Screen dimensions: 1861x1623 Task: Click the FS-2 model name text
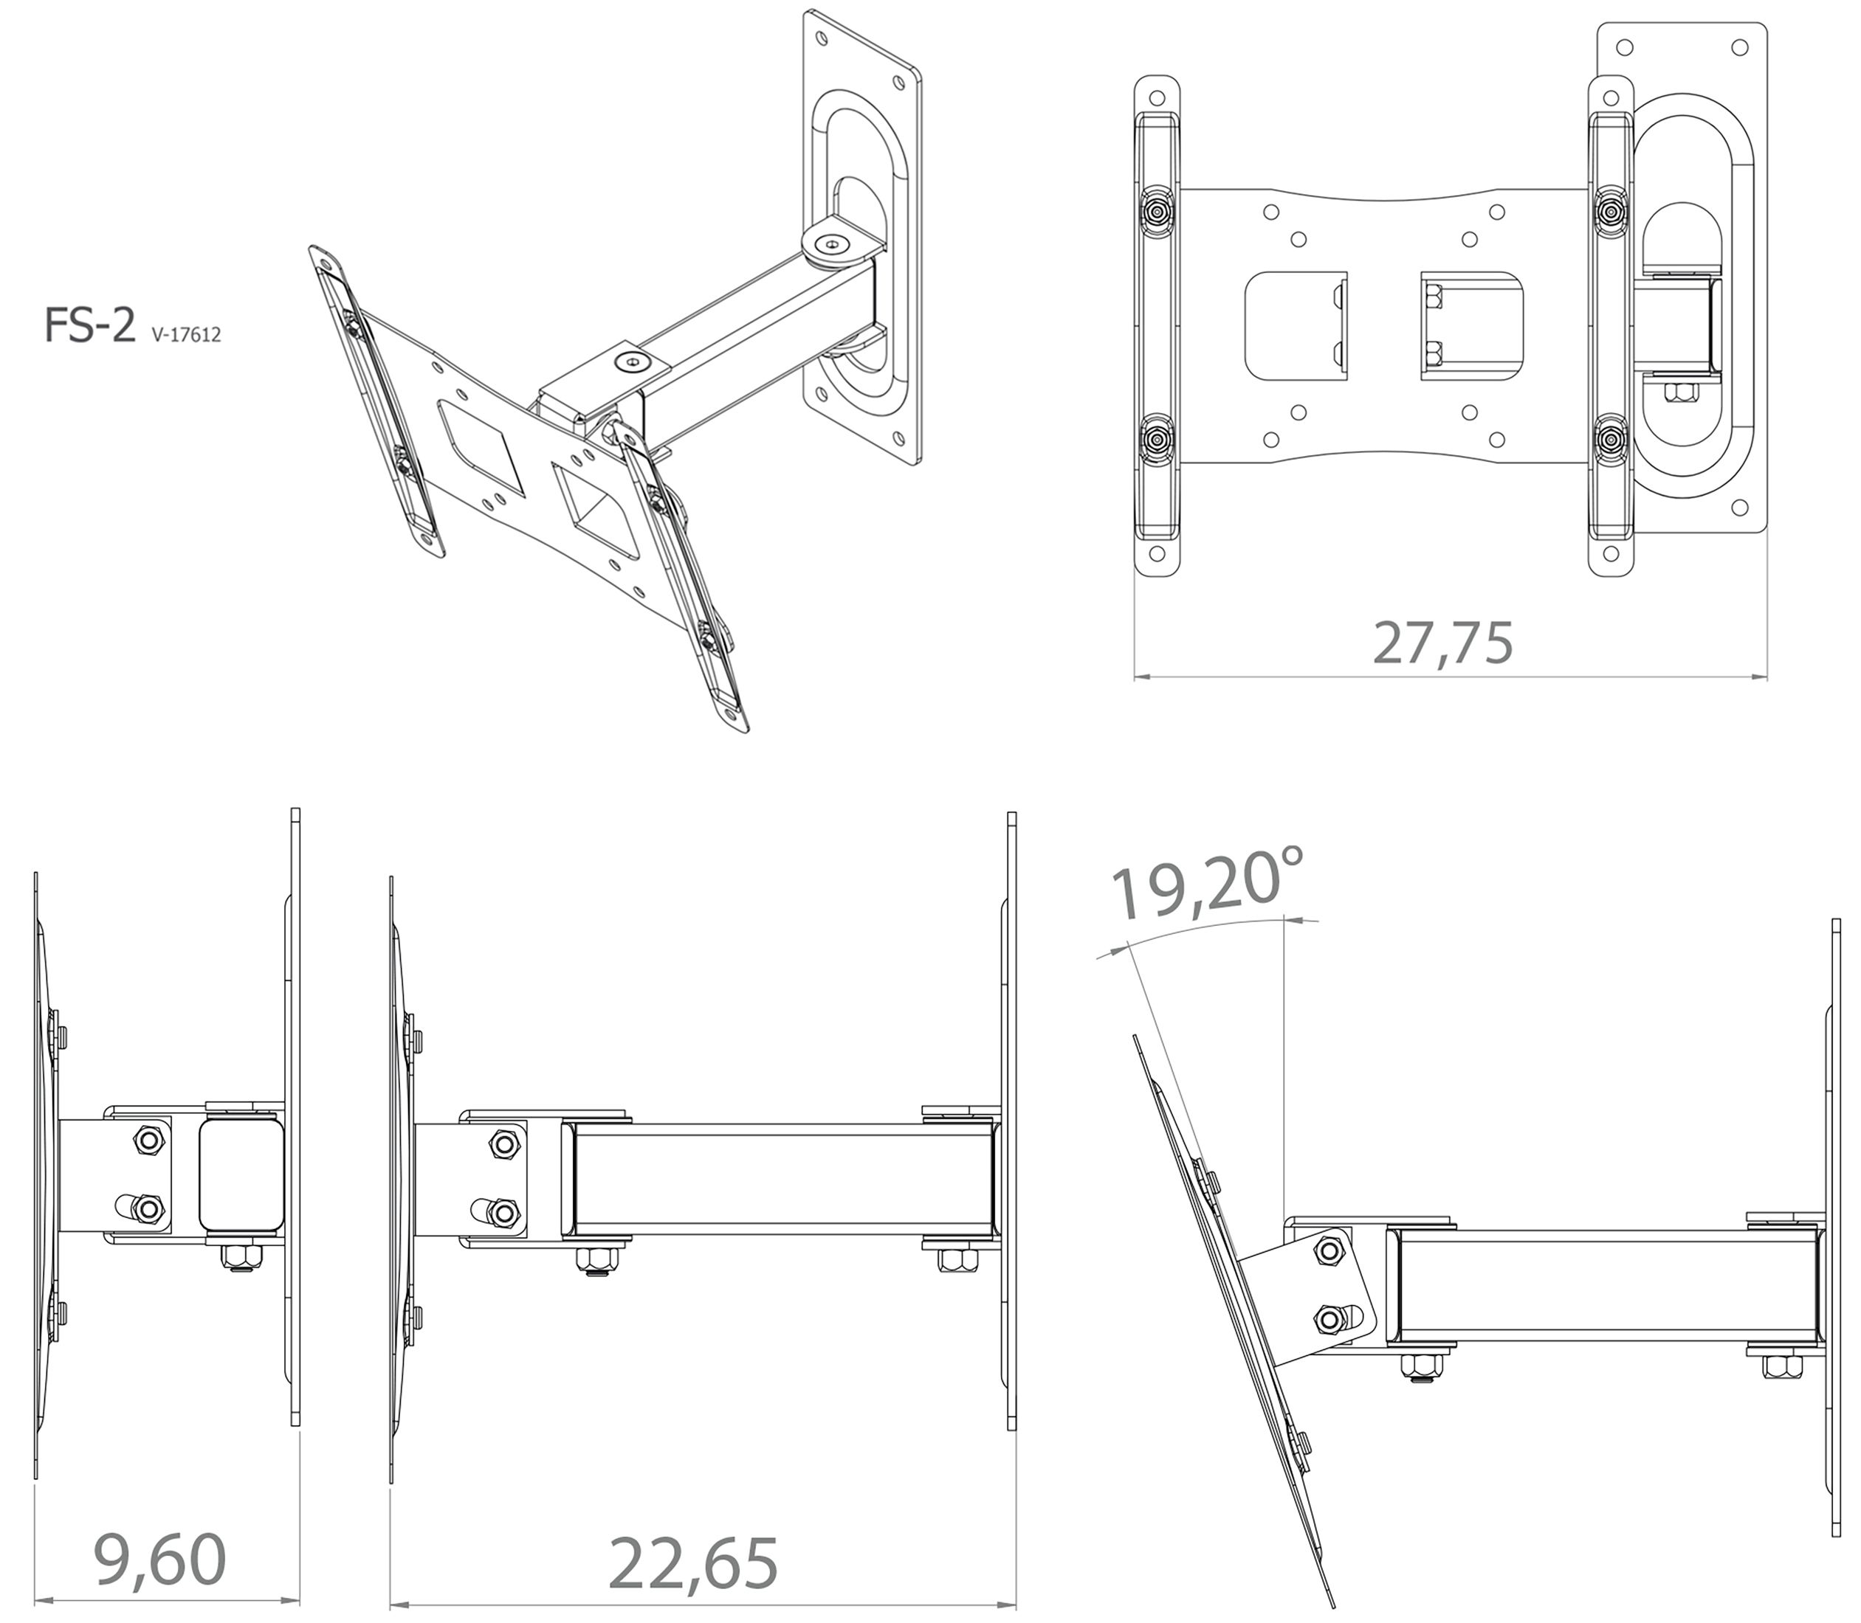(x=89, y=325)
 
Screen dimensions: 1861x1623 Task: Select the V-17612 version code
(x=187, y=335)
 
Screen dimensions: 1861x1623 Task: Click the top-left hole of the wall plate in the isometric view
(x=821, y=40)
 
